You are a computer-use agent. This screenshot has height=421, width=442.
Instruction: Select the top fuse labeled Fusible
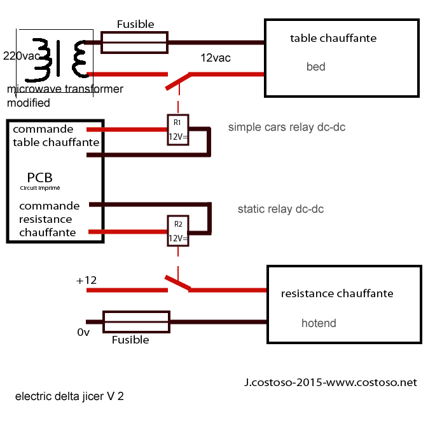tap(135, 43)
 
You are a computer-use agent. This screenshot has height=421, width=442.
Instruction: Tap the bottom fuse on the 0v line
tap(136, 322)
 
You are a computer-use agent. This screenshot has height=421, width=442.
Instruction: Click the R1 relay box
tap(178, 130)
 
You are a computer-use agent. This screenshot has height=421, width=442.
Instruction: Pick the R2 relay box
tap(178, 232)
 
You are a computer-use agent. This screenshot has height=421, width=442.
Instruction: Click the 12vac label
tap(216, 58)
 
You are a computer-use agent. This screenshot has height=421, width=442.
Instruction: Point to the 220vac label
tap(22, 55)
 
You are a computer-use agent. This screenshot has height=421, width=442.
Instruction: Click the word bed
tap(315, 67)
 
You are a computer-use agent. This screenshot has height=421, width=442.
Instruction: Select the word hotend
tap(319, 323)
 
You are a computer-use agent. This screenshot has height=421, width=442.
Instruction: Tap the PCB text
tap(40, 177)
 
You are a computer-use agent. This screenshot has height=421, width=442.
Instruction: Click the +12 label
tap(88, 281)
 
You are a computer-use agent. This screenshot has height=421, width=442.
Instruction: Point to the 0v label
tap(83, 332)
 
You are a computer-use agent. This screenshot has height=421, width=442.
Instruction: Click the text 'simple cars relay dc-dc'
tap(287, 128)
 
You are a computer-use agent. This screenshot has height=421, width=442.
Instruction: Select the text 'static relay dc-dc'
tap(280, 208)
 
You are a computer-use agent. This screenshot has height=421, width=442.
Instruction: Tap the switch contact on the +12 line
tap(178, 283)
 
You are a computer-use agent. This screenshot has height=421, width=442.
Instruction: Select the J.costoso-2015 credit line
tap(330, 382)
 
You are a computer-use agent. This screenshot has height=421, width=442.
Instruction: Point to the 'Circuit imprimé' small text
tap(40, 188)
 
